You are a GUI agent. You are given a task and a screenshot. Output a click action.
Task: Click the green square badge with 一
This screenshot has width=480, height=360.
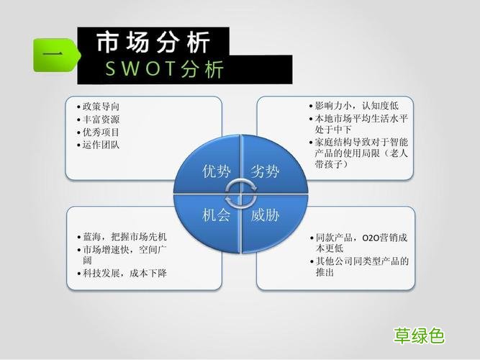tap(50, 55)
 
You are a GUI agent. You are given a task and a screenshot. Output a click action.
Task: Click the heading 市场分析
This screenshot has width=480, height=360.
tap(153, 43)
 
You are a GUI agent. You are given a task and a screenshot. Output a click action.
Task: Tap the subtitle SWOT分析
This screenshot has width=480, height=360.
tap(165, 69)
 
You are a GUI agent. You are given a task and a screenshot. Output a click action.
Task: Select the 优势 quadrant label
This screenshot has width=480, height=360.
tap(217, 171)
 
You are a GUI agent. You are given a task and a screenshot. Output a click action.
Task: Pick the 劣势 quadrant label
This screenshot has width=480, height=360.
tap(265, 171)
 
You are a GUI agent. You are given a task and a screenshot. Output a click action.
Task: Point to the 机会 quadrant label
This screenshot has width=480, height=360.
tap(217, 215)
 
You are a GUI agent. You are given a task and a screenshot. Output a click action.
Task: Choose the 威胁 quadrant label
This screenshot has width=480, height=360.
tap(265, 215)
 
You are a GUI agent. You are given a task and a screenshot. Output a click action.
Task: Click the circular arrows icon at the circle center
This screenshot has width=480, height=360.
tap(240, 192)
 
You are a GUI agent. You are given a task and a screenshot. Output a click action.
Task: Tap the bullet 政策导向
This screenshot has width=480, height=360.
tap(101, 107)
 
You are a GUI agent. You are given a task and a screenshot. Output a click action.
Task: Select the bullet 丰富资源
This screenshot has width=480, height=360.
tap(101, 120)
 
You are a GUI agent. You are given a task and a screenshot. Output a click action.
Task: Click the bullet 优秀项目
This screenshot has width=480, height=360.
tap(101, 132)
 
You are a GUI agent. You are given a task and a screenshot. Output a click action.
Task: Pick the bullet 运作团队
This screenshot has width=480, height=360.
tap(101, 145)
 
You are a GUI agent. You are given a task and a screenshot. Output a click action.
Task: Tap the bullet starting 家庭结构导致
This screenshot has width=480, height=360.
tap(357, 153)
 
